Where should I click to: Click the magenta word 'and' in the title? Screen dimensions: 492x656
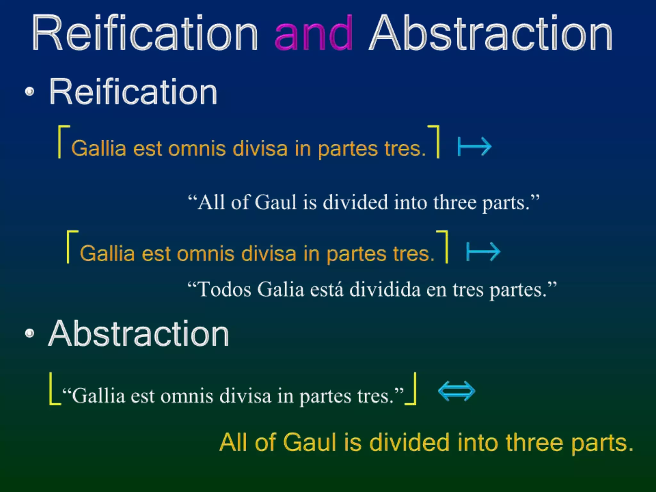coord(314,34)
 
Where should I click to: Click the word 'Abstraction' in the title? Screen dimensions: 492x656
coord(491,34)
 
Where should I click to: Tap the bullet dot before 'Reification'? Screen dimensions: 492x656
coord(29,92)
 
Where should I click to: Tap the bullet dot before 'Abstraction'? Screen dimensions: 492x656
coord(29,333)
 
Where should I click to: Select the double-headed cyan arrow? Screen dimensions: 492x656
coord(456,391)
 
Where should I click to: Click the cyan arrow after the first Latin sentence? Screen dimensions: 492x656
coord(474,147)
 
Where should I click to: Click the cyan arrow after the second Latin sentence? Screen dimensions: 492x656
coord(483,252)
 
